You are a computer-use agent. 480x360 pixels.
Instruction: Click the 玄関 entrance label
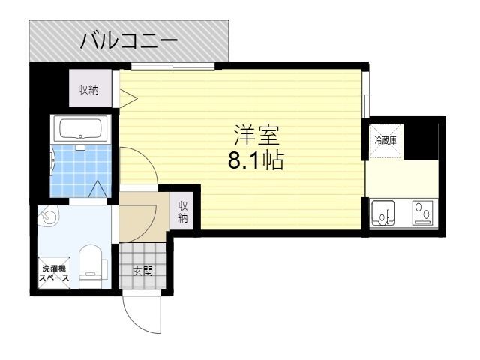point(143,271)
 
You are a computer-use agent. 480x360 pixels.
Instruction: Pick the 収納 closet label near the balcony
point(88,90)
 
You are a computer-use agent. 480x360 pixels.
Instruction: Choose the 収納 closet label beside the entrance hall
point(183,211)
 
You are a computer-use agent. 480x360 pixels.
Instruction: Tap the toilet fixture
point(91,266)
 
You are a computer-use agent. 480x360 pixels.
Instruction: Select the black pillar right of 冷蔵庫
point(426,139)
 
